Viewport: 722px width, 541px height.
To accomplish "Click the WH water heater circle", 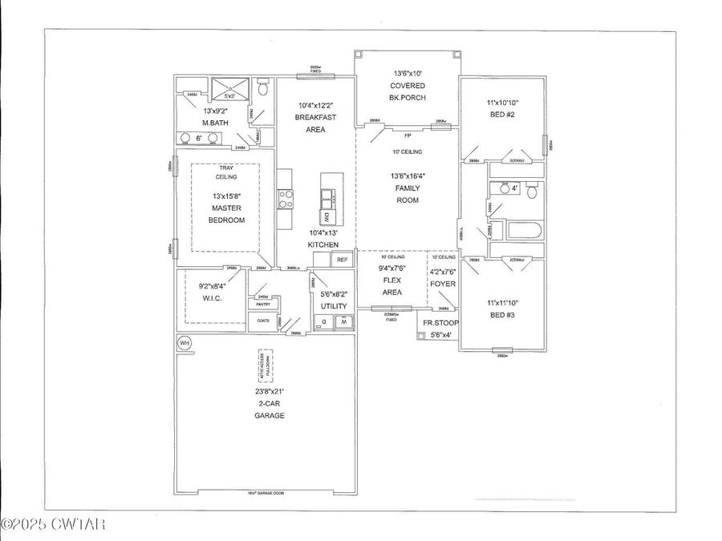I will tap(185, 343).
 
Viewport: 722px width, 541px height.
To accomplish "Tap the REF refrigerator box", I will tap(342, 260).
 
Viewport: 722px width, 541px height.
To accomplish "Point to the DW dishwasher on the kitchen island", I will tap(327, 216).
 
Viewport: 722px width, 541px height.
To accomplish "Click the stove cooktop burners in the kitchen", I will tap(285, 199).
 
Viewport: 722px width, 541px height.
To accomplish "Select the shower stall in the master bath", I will tap(229, 87).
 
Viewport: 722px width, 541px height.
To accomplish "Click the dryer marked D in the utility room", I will tap(322, 322).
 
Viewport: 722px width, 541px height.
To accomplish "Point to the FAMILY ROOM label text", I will tap(408, 194).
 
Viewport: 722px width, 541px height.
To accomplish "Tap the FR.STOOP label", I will tap(441, 323).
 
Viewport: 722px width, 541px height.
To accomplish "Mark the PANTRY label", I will tap(262, 305).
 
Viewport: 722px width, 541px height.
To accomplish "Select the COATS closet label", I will tap(262, 321).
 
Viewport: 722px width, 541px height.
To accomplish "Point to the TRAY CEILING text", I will tap(225, 172).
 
